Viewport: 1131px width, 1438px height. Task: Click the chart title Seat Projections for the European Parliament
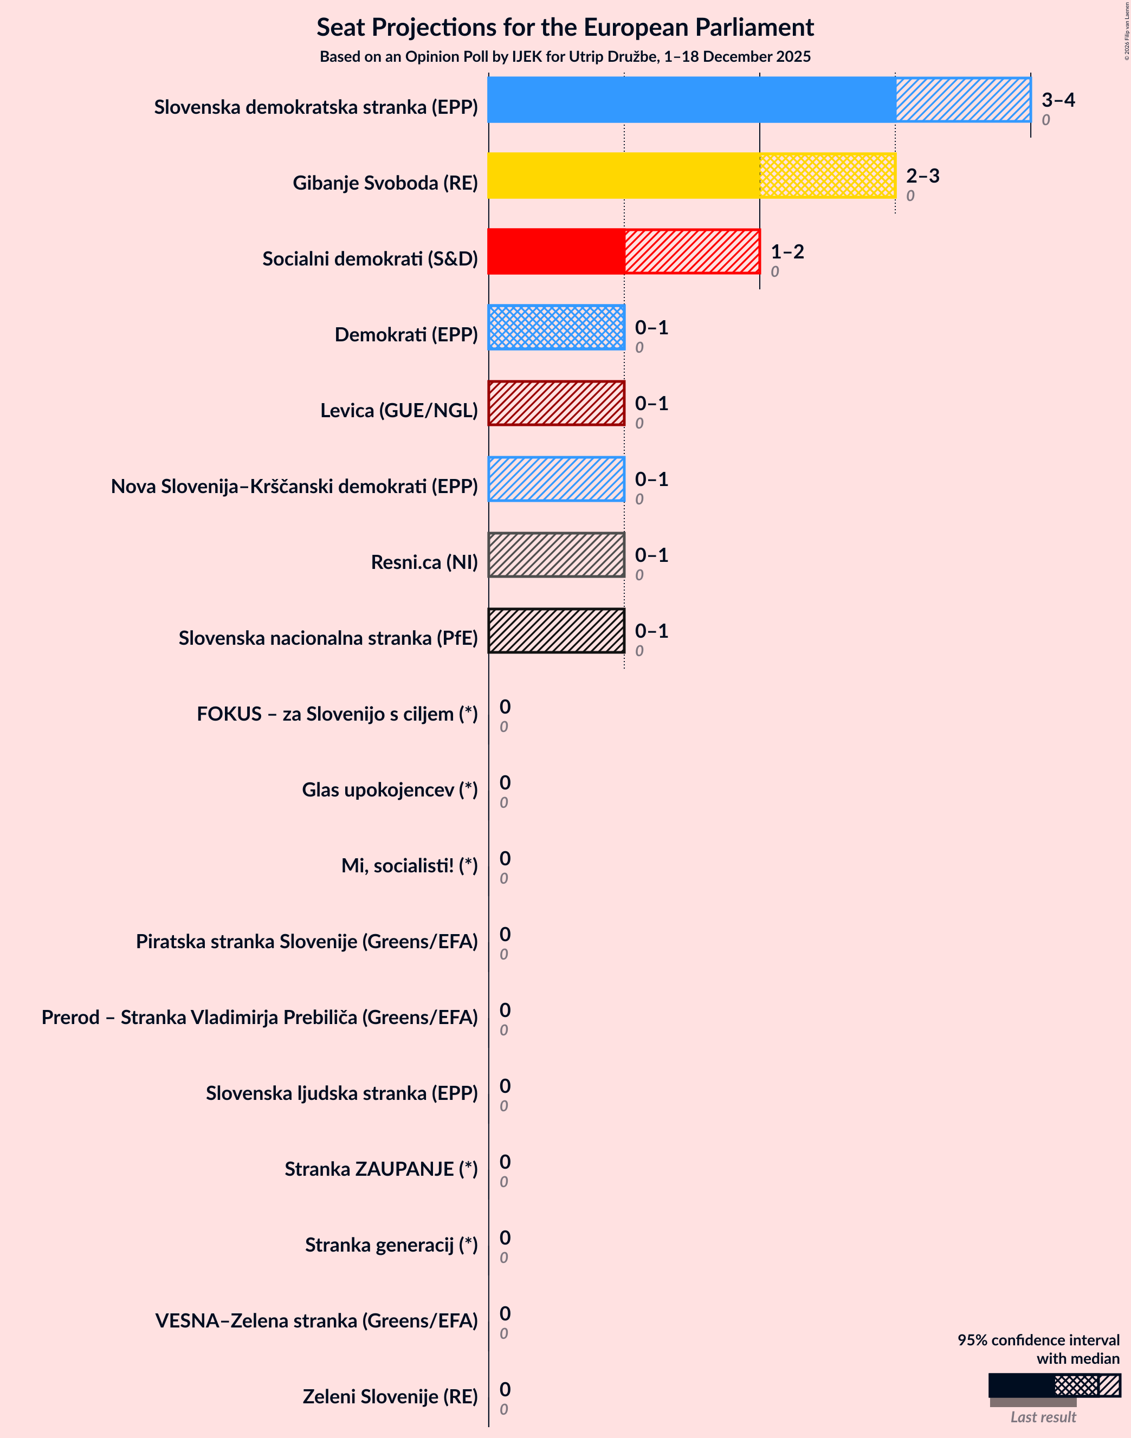[565, 27]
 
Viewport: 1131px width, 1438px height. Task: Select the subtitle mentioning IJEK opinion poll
[565, 57]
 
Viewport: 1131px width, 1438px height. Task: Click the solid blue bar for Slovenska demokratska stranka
[691, 100]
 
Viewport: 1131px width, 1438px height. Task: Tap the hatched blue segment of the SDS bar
[963, 100]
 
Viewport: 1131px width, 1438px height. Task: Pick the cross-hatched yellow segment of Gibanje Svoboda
[827, 176]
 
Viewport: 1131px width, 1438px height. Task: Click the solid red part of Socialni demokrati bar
[556, 251]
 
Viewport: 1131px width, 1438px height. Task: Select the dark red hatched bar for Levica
[556, 403]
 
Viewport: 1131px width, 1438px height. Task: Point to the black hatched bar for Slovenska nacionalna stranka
[556, 631]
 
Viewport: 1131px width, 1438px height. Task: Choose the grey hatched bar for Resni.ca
[556, 555]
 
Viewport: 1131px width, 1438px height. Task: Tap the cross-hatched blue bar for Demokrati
[556, 328]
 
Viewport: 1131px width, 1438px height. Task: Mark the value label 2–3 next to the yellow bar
[922, 176]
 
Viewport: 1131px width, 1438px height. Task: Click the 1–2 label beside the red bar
[787, 251]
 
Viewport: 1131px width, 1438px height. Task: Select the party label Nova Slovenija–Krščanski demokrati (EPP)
[294, 487]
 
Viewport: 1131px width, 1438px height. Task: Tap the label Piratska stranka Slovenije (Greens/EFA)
[307, 942]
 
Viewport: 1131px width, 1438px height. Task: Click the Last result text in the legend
[1042, 1417]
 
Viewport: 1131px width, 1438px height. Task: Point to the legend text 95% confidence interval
[1038, 1340]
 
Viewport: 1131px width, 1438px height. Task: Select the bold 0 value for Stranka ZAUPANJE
[505, 1162]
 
